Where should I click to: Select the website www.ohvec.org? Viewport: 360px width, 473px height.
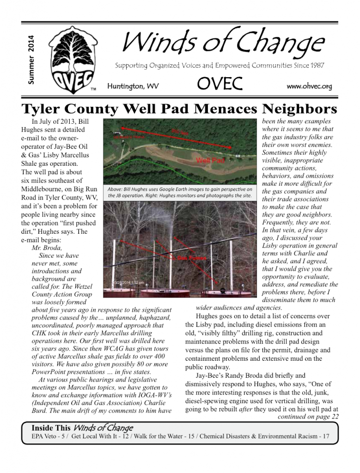click(x=309, y=86)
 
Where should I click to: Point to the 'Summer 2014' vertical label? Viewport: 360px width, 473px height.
click(x=31, y=60)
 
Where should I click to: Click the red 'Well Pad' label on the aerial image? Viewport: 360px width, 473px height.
click(x=210, y=161)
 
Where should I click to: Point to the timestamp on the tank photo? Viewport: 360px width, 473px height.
click(x=128, y=282)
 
